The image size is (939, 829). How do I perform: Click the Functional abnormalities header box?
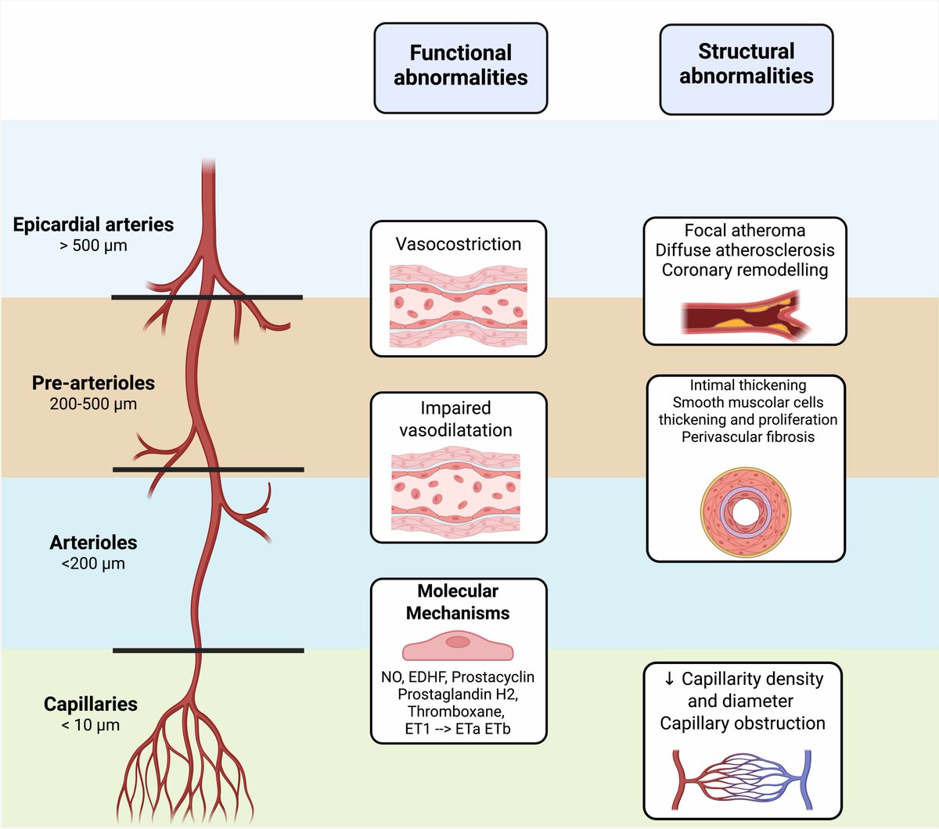click(460, 67)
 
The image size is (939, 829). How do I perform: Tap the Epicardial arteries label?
click(93, 224)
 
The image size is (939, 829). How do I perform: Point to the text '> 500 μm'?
click(93, 246)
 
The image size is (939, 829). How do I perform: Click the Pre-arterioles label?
click(93, 382)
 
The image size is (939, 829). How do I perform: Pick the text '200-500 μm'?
click(93, 404)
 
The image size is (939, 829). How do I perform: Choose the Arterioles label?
click(93, 542)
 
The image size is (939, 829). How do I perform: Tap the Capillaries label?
click(90, 704)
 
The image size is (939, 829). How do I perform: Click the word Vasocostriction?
click(458, 244)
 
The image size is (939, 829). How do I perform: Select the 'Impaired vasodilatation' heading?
click(455, 419)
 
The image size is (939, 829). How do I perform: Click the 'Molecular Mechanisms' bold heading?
click(458, 602)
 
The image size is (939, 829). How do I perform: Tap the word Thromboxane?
click(455, 712)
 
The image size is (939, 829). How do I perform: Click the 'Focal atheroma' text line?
click(744, 231)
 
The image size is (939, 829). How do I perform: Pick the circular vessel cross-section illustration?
click(746, 512)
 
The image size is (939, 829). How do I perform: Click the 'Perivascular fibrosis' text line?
click(747, 437)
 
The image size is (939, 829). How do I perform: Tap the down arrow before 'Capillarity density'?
click(669, 678)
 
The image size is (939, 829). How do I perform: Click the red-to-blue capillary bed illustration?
click(742, 781)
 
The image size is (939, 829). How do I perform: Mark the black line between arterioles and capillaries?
click(207, 650)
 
